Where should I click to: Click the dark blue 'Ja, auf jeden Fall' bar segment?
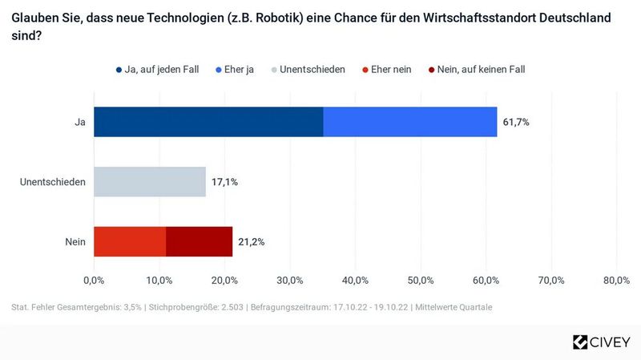pyautogui.click(x=208, y=122)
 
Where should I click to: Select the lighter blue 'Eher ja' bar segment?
pyautogui.click(x=410, y=122)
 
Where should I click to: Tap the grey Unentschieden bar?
pyautogui.click(x=150, y=182)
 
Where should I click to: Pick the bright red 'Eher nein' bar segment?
pyautogui.click(x=130, y=241)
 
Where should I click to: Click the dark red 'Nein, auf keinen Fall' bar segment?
pyautogui.click(x=200, y=241)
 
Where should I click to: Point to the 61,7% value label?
pyautogui.click(x=516, y=122)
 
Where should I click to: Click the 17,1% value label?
pyautogui.click(x=224, y=182)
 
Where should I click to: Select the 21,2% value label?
pyautogui.click(x=252, y=241)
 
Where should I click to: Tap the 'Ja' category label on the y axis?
pyautogui.click(x=79, y=122)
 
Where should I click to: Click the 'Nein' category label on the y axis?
pyautogui.click(x=75, y=241)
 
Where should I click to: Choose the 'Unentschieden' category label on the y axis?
pyautogui.click(x=53, y=182)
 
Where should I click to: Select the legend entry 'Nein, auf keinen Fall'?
pyautogui.click(x=480, y=69)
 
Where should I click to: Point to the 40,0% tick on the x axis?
pyautogui.click(x=355, y=280)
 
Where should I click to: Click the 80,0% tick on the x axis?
pyautogui.click(x=615, y=280)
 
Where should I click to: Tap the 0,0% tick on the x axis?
pyautogui.click(x=94, y=280)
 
